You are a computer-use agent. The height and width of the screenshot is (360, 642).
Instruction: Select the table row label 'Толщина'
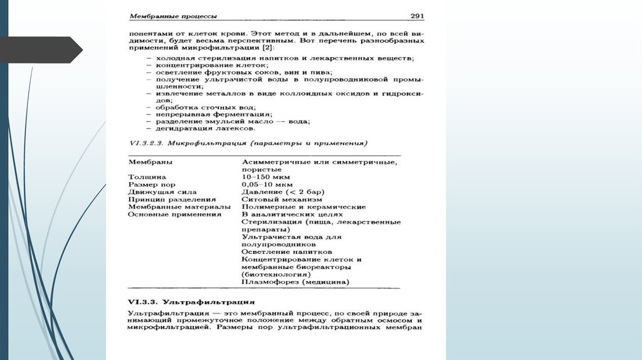(x=147, y=177)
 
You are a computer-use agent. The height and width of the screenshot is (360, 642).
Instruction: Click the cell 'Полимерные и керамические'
(x=303, y=206)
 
